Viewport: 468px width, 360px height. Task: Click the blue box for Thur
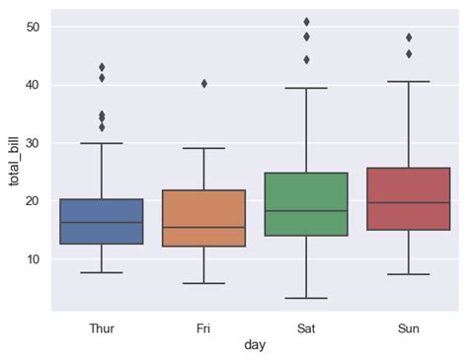tap(101, 222)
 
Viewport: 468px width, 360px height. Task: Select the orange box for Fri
tap(203, 218)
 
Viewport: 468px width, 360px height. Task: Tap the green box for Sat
tap(306, 204)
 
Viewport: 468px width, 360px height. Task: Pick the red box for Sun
tap(409, 199)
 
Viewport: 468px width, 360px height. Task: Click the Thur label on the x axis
tap(101, 325)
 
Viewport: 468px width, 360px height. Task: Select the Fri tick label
tap(203, 325)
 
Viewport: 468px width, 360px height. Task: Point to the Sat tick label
tap(306, 325)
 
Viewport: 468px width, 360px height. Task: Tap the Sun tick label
tap(409, 325)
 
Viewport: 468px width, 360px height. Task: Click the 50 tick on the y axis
tap(32, 27)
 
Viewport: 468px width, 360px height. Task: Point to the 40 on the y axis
tap(32, 85)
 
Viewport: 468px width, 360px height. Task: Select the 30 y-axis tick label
tap(32, 143)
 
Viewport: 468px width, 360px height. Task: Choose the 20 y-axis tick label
tap(32, 200)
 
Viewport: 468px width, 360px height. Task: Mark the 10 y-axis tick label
tap(32, 258)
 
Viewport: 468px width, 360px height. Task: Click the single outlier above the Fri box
tap(203, 84)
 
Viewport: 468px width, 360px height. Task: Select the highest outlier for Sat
tap(306, 21)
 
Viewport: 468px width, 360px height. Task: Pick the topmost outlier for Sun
tap(409, 37)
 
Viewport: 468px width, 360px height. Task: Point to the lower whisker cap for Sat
tap(306, 298)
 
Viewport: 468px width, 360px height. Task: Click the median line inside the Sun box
tap(409, 202)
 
